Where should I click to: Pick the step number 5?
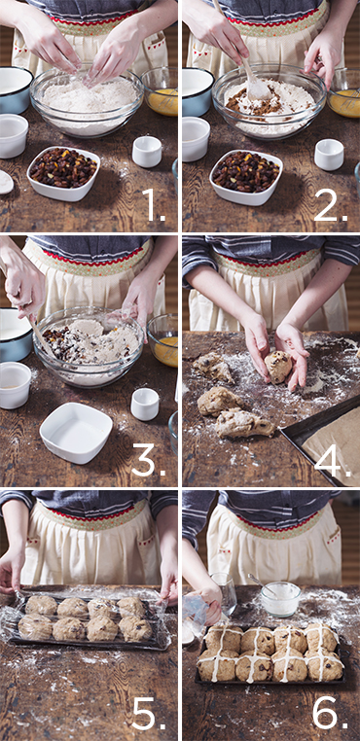point(149,713)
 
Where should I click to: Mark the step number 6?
point(330,713)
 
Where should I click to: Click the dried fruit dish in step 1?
point(63,173)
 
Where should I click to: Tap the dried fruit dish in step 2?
point(246,176)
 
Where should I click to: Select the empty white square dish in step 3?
point(76,432)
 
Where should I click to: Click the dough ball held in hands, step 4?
point(278,367)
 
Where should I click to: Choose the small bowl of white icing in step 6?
point(280,598)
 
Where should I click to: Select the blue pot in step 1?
point(16,90)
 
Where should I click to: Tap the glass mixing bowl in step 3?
point(88,346)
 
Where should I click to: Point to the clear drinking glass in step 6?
point(223,593)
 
